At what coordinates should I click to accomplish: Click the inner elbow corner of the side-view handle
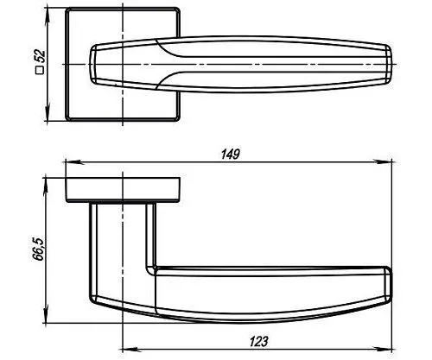pos(153,266)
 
